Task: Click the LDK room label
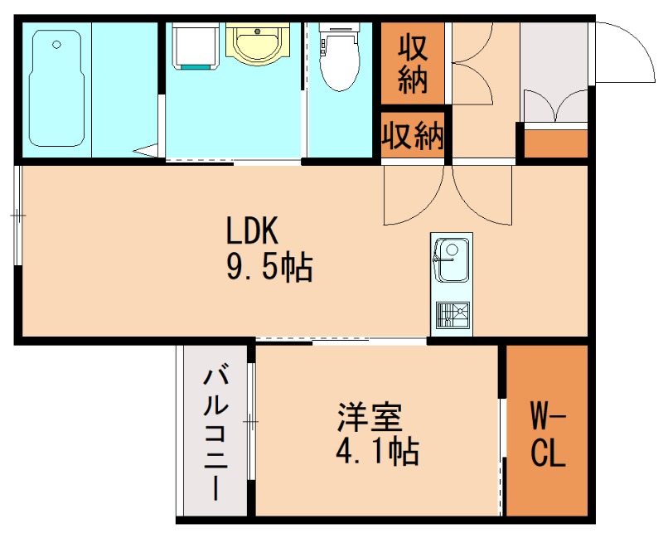tap(255, 230)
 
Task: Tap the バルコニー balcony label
tap(216, 433)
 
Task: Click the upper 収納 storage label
tap(412, 65)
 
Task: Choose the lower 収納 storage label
tap(412, 136)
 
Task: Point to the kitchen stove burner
tap(452, 314)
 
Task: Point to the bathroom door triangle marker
tap(148, 150)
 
